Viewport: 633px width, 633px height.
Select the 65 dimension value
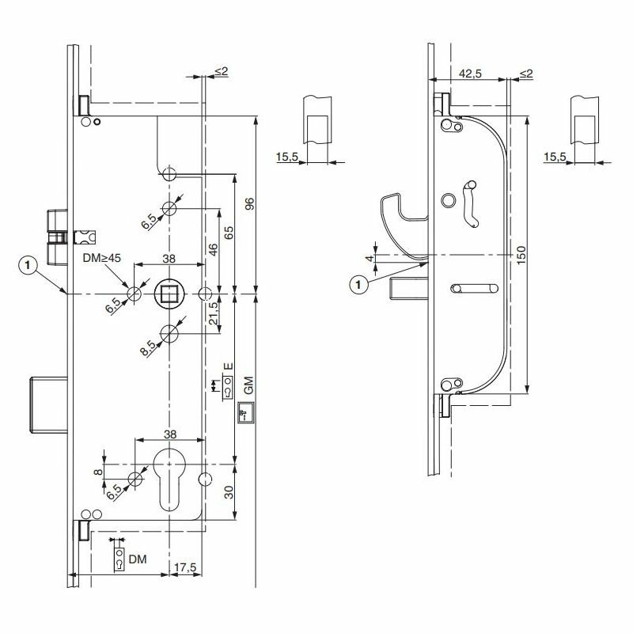(x=229, y=233)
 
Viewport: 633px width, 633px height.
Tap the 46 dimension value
(x=213, y=249)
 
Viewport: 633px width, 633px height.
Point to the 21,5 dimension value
(x=213, y=313)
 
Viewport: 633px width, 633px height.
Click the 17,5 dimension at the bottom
(x=185, y=567)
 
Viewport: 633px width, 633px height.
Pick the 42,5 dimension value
(x=471, y=74)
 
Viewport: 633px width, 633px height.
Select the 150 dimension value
(x=521, y=255)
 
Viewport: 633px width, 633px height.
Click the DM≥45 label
(x=102, y=258)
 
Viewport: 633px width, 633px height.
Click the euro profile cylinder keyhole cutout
(x=169, y=480)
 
